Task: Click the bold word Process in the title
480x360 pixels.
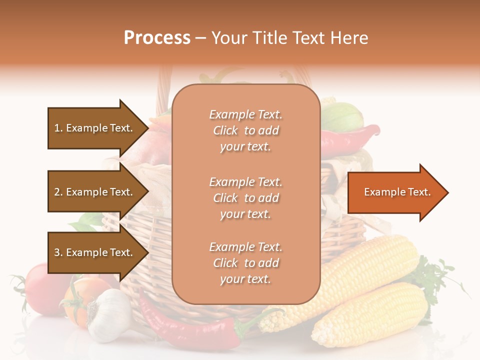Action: (157, 38)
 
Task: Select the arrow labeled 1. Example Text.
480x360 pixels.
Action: (95, 128)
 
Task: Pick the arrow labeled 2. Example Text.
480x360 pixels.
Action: (95, 192)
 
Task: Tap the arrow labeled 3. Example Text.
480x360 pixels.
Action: (95, 252)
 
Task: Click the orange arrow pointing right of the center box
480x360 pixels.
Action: (395, 192)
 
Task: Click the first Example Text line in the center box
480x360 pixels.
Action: (245, 114)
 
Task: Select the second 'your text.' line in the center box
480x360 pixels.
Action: (245, 214)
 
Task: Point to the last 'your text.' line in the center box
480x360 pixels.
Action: (245, 279)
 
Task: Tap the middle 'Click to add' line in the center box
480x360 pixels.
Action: (245, 198)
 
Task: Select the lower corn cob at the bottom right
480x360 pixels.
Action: (370, 315)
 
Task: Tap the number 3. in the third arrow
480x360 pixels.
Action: (58, 252)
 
